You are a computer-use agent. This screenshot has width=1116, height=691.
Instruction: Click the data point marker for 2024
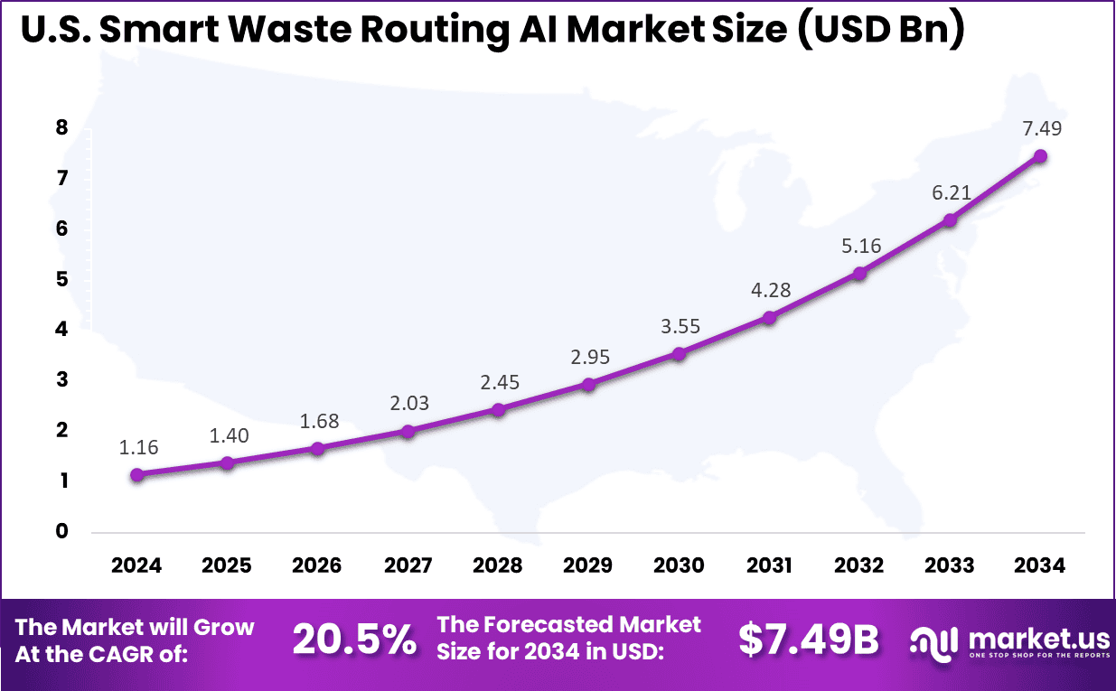click(x=136, y=475)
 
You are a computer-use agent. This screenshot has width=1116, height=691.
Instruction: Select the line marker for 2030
click(x=679, y=354)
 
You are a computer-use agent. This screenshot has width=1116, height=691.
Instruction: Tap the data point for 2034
click(x=1040, y=156)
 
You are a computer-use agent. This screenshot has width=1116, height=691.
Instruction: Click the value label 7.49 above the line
click(x=1040, y=128)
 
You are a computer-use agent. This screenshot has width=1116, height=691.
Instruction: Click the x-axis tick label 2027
click(x=408, y=565)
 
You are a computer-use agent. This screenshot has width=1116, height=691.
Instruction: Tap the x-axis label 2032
click(x=859, y=565)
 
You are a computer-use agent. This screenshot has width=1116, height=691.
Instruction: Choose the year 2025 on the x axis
click(x=227, y=565)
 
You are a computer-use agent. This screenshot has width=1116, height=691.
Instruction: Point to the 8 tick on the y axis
click(x=61, y=128)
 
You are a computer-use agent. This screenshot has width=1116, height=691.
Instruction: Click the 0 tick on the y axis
click(x=61, y=531)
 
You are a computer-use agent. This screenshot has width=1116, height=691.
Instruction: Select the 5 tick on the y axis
click(x=61, y=279)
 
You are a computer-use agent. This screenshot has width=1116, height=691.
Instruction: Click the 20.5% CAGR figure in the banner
click(x=354, y=640)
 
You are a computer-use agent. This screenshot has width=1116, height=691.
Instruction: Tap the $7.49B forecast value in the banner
click(x=808, y=640)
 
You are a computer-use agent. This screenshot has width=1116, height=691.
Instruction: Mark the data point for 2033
click(x=950, y=219)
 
